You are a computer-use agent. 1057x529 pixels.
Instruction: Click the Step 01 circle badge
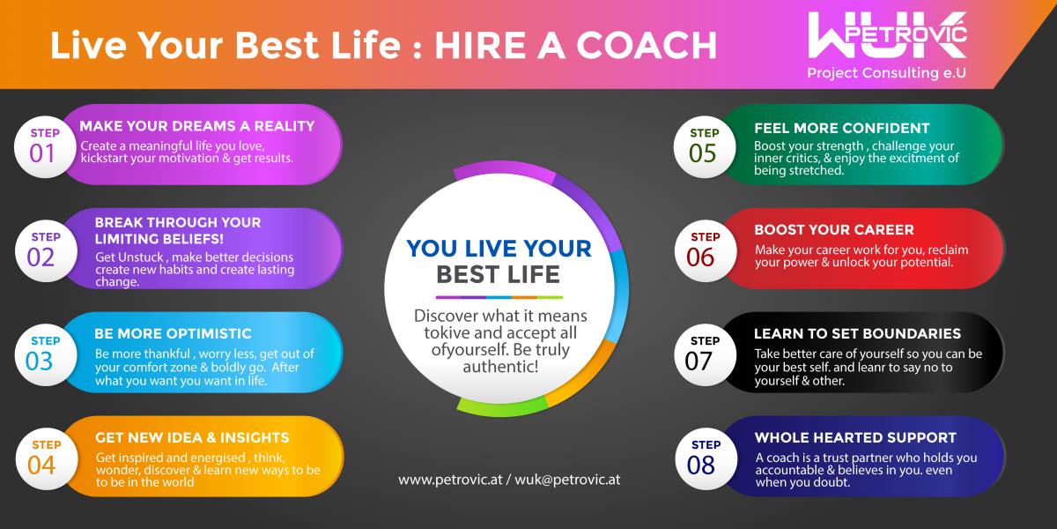pos(45,147)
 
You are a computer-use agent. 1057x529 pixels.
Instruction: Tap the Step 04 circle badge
pos(46,458)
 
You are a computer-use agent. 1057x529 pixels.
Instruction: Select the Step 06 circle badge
pos(706,250)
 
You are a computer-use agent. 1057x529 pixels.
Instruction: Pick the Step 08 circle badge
pos(706,458)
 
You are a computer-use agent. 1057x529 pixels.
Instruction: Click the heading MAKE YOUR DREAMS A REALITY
pos(196,126)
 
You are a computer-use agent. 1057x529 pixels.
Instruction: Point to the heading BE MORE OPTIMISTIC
pos(173,333)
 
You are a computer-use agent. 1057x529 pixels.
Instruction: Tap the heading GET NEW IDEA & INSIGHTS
pos(192,437)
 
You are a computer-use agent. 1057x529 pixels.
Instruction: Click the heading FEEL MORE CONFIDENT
pos(841,128)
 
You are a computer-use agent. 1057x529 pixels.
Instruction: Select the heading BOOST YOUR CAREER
pos(834,229)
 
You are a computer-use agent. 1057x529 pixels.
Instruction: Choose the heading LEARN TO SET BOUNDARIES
pos(857,333)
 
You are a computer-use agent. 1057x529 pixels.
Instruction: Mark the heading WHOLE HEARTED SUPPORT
pos(855,437)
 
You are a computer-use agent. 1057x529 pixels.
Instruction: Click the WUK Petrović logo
pos(887,35)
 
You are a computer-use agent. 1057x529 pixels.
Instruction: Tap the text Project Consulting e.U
pos(887,73)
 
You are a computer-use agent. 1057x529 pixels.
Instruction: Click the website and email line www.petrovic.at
pos(509,480)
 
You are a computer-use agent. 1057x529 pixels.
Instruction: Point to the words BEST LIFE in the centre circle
pos(498,274)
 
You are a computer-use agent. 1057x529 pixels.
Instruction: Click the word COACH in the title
pos(647,45)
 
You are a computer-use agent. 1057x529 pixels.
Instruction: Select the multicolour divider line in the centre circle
pos(499,298)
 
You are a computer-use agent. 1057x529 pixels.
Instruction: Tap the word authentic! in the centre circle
pos(500,367)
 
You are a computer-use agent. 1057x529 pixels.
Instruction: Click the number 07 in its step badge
pos(699,361)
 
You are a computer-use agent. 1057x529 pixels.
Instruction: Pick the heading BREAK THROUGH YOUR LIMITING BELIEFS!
pos(177,230)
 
